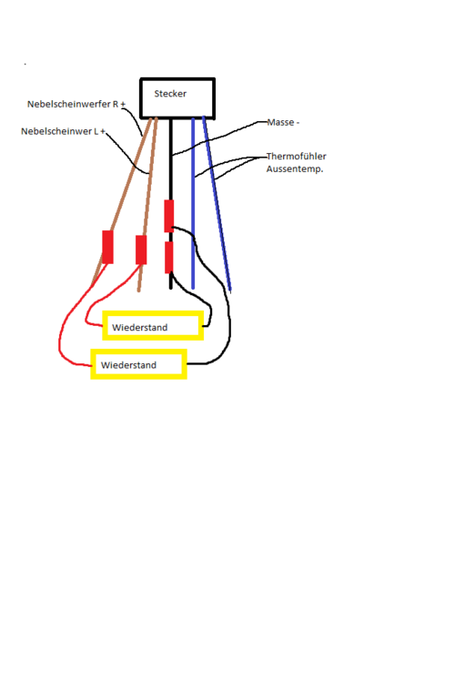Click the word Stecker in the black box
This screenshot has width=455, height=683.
[170, 94]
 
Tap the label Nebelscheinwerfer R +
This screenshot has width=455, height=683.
[76, 104]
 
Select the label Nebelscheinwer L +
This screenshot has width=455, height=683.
[63, 131]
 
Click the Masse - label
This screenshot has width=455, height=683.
[283, 122]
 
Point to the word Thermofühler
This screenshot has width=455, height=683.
[296, 156]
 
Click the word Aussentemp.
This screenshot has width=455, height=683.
[295, 168]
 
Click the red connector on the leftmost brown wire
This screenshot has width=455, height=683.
[107, 247]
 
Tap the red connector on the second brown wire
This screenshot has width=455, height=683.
[141, 250]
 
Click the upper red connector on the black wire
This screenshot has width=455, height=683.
[169, 216]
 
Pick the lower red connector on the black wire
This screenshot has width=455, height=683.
[169, 258]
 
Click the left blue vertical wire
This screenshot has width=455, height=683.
[193, 203]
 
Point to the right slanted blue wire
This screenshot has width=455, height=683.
[217, 204]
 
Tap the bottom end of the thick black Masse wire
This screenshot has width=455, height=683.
[171, 288]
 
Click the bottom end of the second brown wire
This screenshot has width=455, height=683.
[139, 291]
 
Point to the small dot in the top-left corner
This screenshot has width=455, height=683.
[25, 64]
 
